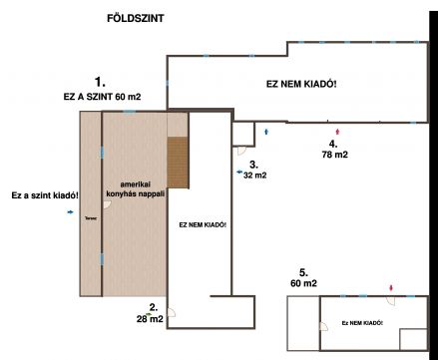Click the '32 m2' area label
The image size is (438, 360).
[254, 176]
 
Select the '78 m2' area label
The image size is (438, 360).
[334, 156]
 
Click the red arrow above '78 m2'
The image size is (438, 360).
[339, 131]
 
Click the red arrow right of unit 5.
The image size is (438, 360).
[390, 290]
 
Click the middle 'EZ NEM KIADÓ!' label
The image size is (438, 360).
[202, 225]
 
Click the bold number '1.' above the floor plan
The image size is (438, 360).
[99, 81]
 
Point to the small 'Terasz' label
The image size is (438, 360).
[91, 217]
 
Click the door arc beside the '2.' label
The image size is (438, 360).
[171, 312]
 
